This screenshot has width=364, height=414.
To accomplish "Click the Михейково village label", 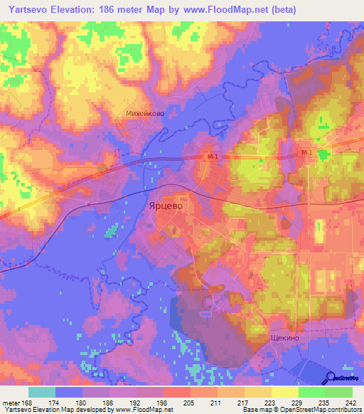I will click(144, 112).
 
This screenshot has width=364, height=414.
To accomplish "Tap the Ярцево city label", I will click(165, 205).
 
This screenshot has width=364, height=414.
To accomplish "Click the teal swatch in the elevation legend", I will click(42, 392).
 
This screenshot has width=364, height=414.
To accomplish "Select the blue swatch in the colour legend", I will click(69, 392).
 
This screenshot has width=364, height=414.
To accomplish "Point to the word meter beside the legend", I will click(11, 402).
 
